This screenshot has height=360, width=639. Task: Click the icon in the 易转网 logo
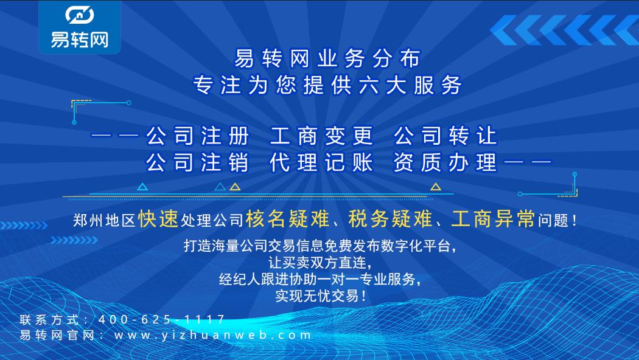[x=79, y=16]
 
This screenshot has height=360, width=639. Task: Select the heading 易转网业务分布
[x=327, y=59]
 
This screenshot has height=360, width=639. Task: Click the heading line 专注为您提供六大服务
[x=327, y=85]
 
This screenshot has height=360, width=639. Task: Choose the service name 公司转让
[x=445, y=136]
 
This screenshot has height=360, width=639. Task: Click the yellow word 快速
[x=158, y=220]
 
